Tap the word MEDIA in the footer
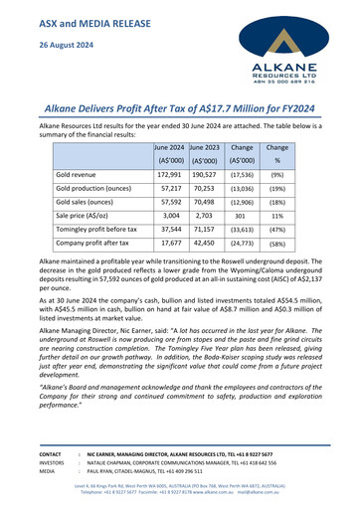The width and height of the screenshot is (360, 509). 22,472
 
